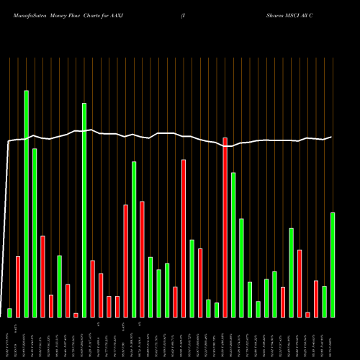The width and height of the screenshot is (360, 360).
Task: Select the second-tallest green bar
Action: pyautogui.click(x=84, y=210)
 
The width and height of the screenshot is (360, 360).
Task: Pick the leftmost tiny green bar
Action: pyautogui.click(x=10, y=312)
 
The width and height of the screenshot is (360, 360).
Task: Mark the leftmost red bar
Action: pyautogui.click(x=18, y=287)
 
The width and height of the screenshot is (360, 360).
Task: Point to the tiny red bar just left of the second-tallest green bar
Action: pyautogui.click(x=76, y=315)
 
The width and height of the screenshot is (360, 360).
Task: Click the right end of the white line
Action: pyautogui.click(x=332, y=137)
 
